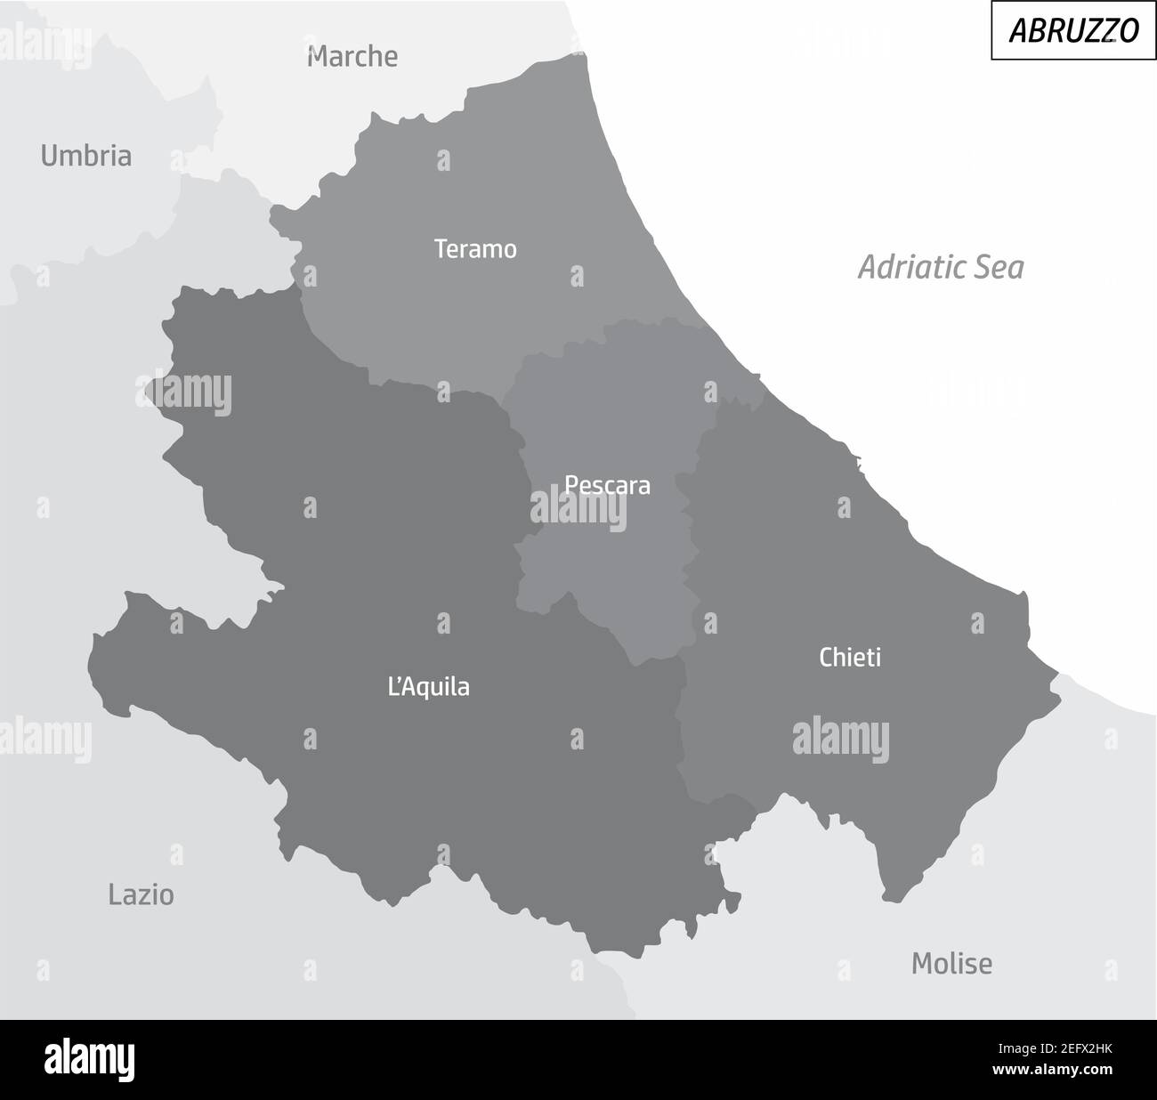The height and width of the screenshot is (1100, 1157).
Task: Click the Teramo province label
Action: (x=475, y=249)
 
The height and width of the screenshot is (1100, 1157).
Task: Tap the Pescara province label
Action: (x=608, y=486)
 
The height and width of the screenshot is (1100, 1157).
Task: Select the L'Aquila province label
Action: (x=429, y=687)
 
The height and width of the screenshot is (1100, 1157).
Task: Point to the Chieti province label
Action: (x=850, y=658)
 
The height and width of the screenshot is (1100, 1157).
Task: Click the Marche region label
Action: (x=352, y=57)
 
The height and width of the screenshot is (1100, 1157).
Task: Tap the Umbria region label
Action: (x=86, y=157)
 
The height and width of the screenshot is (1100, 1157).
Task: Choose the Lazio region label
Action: (x=141, y=894)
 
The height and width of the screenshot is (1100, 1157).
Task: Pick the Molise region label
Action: (x=951, y=963)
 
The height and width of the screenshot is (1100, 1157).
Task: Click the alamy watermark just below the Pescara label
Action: (x=578, y=510)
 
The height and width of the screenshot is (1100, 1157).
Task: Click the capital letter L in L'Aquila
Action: (x=393, y=687)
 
